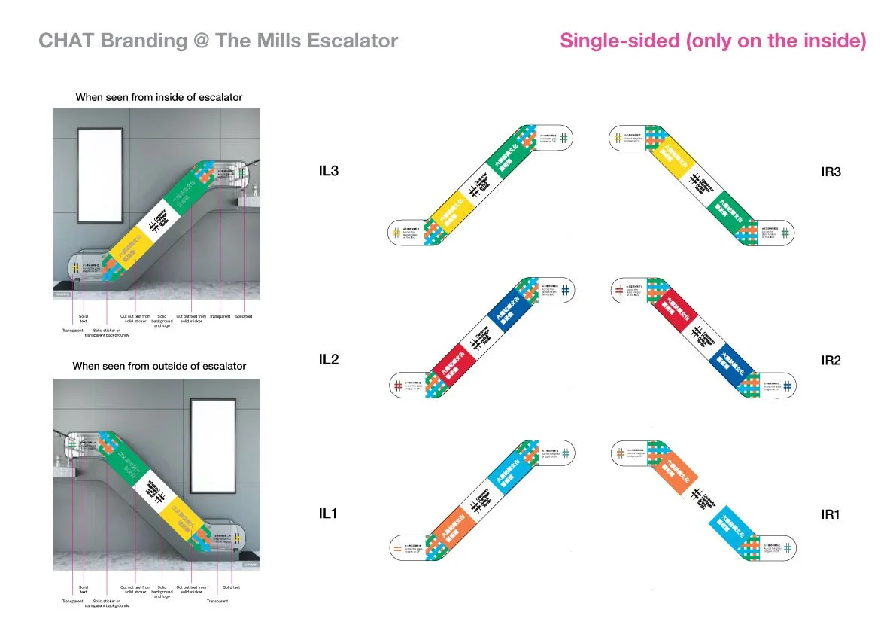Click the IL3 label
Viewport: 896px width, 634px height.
click(329, 171)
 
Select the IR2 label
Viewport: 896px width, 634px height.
click(831, 360)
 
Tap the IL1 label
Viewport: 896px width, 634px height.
click(329, 514)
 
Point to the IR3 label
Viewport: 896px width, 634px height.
click(831, 172)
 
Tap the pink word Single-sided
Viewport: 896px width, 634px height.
click(618, 41)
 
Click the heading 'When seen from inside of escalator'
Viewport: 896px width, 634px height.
click(159, 97)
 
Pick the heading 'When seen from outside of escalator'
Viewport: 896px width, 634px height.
click(159, 366)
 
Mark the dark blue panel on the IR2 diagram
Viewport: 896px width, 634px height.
click(735, 364)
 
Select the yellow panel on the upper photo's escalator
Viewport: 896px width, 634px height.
click(132, 246)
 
